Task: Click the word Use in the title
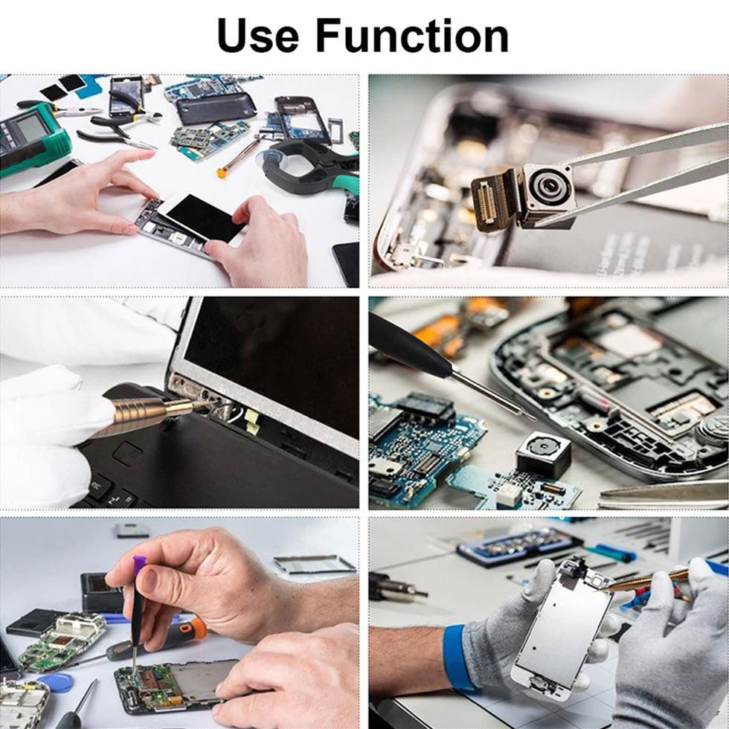tap(257, 35)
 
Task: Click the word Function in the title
tap(411, 35)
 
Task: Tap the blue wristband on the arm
tap(455, 657)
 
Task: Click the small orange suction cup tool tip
tap(222, 173)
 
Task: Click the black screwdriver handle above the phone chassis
tap(409, 346)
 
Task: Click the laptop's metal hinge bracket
tap(197, 394)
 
